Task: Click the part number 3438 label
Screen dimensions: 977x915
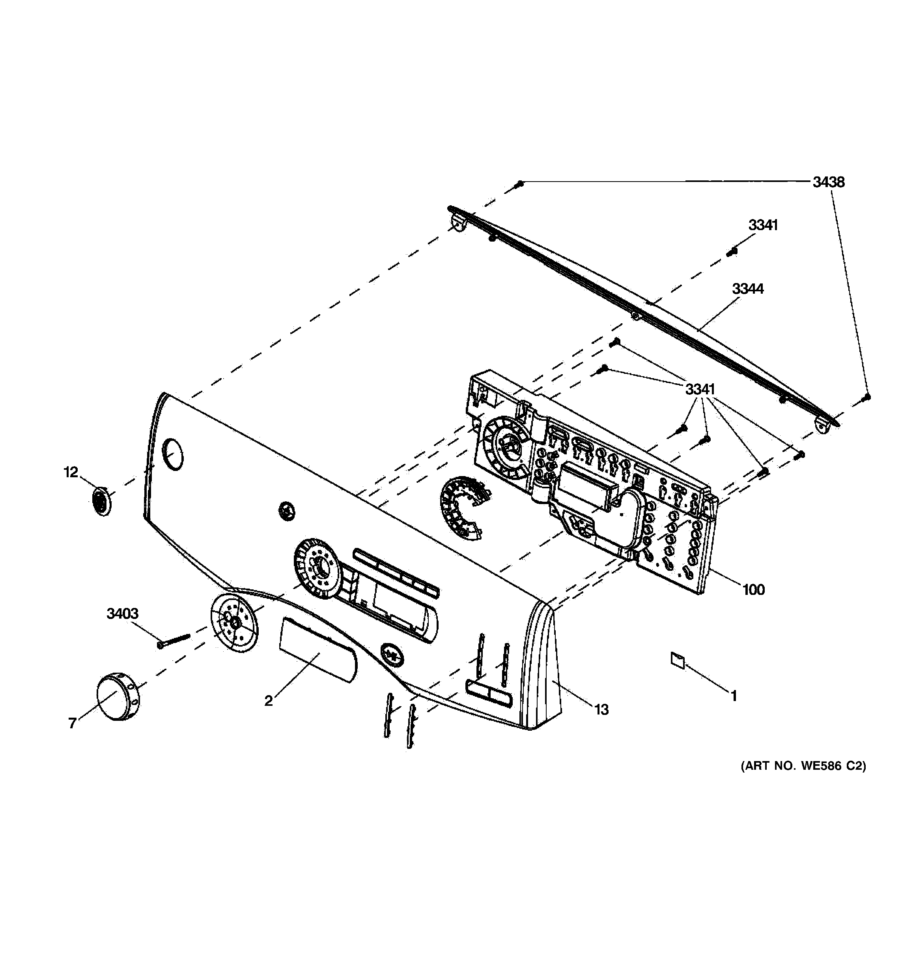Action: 828,182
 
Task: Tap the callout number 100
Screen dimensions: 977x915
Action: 753,589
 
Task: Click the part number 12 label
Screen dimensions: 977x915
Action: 71,472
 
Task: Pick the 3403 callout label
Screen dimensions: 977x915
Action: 123,613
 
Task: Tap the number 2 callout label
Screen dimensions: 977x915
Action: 268,701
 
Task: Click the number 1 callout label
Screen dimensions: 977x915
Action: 733,696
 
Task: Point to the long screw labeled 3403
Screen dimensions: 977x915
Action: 174,639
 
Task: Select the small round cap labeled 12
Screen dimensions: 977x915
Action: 101,501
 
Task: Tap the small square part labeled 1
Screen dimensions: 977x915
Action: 677,660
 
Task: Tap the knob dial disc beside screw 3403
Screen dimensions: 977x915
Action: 234,622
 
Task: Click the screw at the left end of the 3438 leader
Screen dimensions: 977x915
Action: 520,184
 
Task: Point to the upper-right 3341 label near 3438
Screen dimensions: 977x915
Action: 763,225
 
